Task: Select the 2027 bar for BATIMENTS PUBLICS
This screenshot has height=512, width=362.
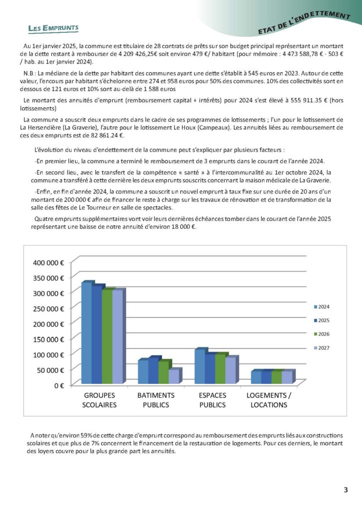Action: point(173,376)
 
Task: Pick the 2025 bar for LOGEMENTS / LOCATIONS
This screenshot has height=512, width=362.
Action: point(265,377)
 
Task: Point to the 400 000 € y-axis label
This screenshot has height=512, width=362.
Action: point(48,262)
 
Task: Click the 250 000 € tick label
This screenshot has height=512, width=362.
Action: point(48,309)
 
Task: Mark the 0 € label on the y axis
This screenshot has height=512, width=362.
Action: point(58,385)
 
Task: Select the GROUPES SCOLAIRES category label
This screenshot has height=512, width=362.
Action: point(99,400)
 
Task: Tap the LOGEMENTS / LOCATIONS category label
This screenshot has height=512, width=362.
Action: point(268,400)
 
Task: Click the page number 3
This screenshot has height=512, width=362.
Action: point(345,489)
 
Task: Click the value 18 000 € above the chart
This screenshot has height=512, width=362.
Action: point(183,227)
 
